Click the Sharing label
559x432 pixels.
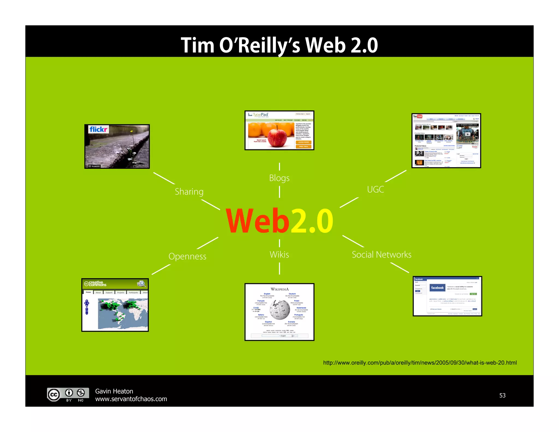coord(189,192)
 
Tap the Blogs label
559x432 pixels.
coord(279,178)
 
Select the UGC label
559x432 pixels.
coord(375,189)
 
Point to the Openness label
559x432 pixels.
coord(187,256)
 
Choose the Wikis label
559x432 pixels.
coord(279,255)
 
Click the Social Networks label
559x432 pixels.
coord(381,255)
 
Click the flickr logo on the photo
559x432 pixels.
coord(99,129)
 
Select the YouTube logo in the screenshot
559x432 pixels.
coord(418,117)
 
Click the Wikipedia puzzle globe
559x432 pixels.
coord(280,310)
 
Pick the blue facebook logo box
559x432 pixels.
coord(437,288)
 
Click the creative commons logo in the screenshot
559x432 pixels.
coord(95,284)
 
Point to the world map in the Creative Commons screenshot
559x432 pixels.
coord(123,313)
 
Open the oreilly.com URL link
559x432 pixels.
coord(420,363)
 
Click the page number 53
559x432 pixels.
coord(502,395)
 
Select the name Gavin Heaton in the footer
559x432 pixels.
coord(114,391)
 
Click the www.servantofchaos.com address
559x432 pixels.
coord(131,399)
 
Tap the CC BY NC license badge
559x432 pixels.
coord(68,395)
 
